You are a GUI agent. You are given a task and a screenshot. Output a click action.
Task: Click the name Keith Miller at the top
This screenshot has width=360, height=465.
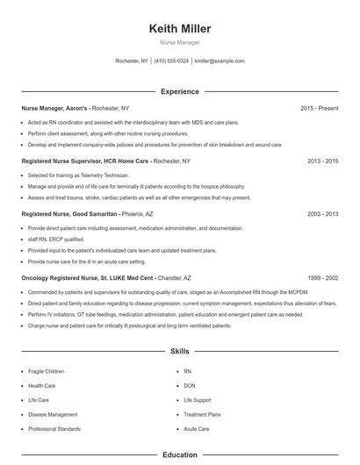coord(179,29)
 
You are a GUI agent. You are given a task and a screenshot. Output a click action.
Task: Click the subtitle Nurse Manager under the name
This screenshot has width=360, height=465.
coord(179,42)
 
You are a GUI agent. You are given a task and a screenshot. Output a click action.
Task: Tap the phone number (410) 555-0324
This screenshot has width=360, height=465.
coord(171,61)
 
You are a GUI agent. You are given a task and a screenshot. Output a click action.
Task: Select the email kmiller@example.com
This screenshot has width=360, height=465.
coord(220,61)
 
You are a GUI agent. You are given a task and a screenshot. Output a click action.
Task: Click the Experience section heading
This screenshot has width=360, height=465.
coord(179,91)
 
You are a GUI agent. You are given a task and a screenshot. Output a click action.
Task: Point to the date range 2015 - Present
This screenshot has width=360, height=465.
coord(320,108)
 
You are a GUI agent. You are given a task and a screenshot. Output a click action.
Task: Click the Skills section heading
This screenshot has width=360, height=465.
coord(179,351)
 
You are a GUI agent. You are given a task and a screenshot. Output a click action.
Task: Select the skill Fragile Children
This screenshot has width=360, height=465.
coord(46,372)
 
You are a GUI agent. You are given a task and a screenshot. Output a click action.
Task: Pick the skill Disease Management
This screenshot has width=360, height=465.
coord(53,414)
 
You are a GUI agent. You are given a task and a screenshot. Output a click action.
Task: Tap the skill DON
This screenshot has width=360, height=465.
coord(190,386)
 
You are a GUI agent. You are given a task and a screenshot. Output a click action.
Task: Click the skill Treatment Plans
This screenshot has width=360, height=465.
coord(202,414)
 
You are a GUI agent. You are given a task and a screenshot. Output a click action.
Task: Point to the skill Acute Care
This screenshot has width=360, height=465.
coord(197,429)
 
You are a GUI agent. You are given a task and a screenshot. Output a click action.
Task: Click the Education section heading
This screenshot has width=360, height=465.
coord(179,455)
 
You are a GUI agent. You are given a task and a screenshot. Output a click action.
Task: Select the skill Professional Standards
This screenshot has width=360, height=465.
coord(54,429)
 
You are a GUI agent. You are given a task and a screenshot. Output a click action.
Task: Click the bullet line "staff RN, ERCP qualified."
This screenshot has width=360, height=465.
coord(56,239)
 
